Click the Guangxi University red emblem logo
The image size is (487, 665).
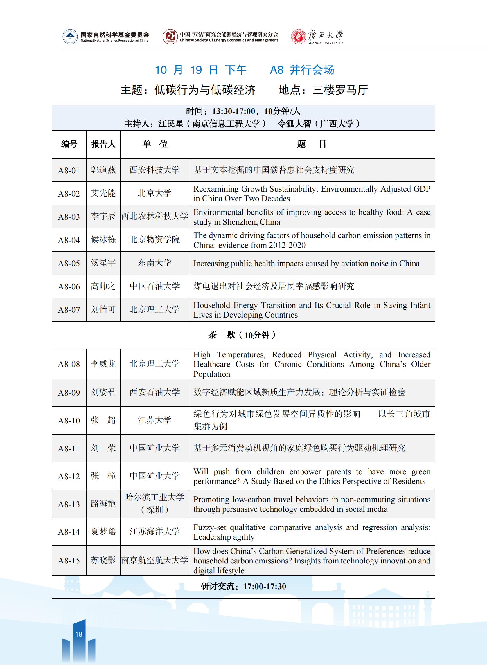tap(298, 37)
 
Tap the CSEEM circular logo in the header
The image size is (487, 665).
tap(170, 37)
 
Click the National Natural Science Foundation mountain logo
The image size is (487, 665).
tap(70, 37)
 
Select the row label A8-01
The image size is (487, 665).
tap(69, 170)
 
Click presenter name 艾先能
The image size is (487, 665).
tap(103, 193)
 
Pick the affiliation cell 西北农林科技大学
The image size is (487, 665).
tap(154, 217)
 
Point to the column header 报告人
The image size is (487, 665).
tap(103, 144)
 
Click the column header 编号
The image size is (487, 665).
tap(69, 144)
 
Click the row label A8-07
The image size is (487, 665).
tap(69, 310)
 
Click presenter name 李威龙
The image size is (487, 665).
tap(103, 364)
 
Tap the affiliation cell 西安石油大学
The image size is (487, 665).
tap(154, 392)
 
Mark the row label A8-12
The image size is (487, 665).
tap(69, 476)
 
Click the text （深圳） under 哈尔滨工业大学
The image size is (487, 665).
tap(154, 509)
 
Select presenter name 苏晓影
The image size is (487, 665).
tap(103, 560)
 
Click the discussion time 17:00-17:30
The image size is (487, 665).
tap(265, 586)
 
